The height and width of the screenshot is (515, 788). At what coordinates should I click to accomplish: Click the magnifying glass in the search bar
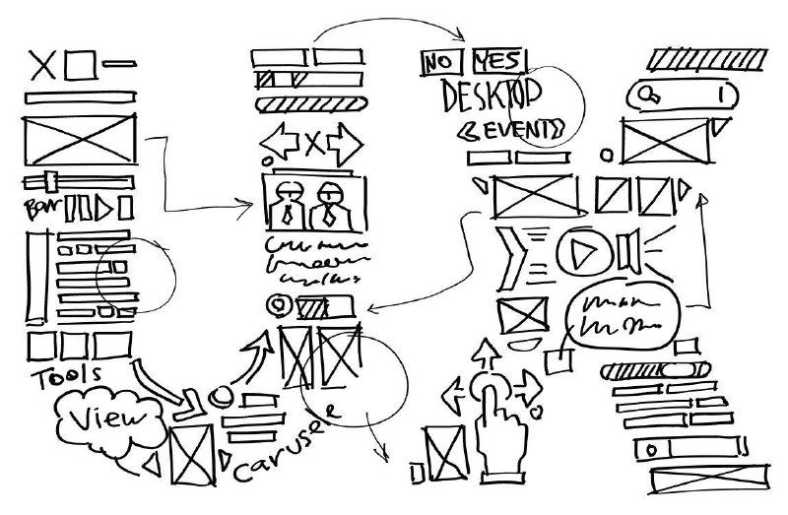649,95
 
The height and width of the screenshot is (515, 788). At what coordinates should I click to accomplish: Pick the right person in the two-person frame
328,202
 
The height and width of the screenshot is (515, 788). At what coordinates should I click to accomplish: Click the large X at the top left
40,65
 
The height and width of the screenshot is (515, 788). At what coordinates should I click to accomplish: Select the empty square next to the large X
81,66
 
